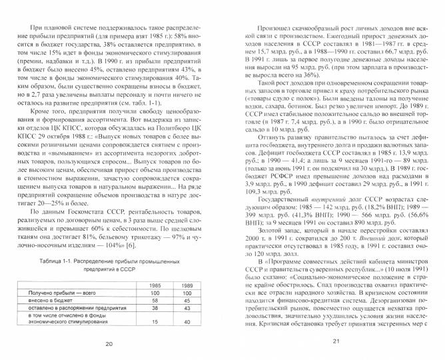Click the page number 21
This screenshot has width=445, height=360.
click(x=336, y=343)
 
